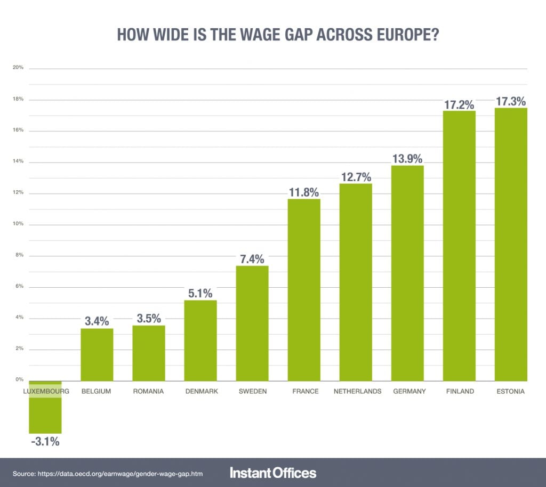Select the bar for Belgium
tap(97, 354)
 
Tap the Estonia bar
tap(510, 245)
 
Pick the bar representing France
tap(304, 290)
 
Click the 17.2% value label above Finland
tap(459, 104)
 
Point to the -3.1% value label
tap(45, 442)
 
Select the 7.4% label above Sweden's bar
tap(252, 259)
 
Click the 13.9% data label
tap(407, 159)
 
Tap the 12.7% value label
tap(356, 177)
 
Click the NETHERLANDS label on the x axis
tap(357, 391)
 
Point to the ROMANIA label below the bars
tap(148, 391)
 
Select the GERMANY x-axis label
tap(409, 391)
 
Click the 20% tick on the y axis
tap(18, 68)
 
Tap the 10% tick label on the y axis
tap(18, 224)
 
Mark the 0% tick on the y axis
tap(19, 380)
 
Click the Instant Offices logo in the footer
tap(273, 473)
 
